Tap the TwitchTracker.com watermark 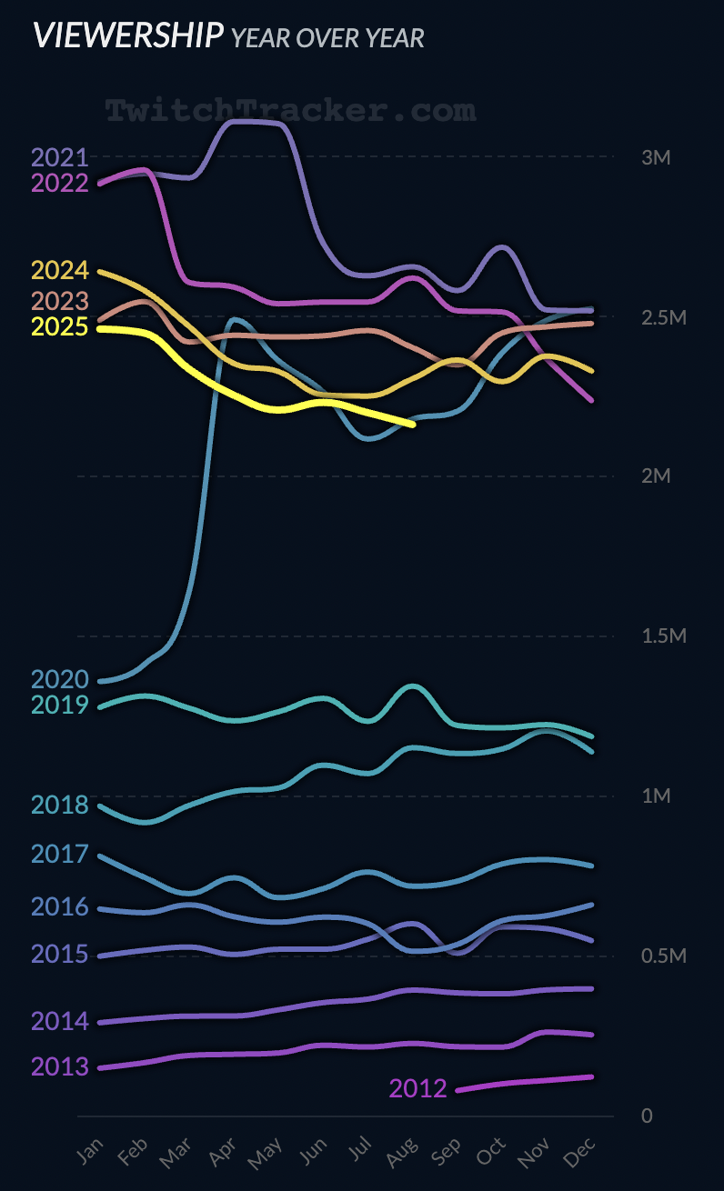point(290,111)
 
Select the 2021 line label point(59,157)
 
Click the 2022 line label point(59,184)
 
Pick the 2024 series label point(59,271)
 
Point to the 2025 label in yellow point(59,327)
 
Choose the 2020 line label point(59,679)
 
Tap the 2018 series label point(59,805)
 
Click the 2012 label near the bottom point(417,1088)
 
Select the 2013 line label point(59,1066)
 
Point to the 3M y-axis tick point(656,157)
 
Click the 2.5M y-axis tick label point(663,317)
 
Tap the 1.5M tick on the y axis point(663,636)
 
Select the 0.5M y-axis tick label point(663,956)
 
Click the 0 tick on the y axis point(647,1116)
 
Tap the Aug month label point(404,1152)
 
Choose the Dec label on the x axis point(582,1152)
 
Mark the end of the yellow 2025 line point(413,424)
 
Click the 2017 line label point(59,854)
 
